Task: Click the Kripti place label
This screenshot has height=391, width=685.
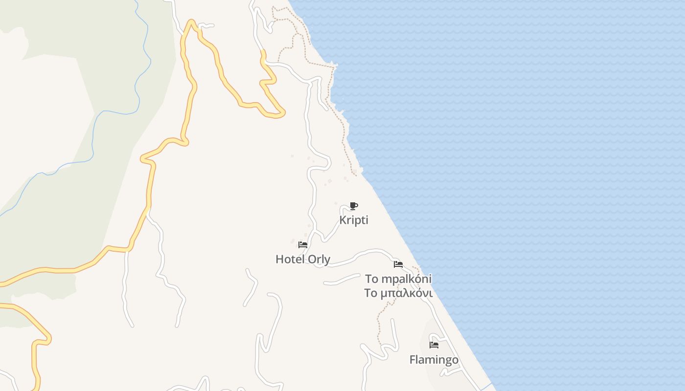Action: pyautogui.click(x=354, y=220)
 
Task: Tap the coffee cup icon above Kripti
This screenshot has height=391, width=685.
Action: pyautogui.click(x=354, y=206)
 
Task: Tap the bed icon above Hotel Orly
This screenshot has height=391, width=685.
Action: pyautogui.click(x=303, y=245)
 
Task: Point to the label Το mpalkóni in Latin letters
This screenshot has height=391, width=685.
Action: pyautogui.click(x=398, y=279)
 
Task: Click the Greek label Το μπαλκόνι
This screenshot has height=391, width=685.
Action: pyautogui.click(x=398, y=293)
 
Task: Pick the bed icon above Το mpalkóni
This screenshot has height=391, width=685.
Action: pyautogui.click(x=398, y=264)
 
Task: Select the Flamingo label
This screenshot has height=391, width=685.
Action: pyautogui.click(x=434, y=360)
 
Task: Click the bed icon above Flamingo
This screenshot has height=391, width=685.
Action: pyautogui.click(x=434, y=345)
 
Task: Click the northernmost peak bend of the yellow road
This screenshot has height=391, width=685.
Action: pyautogui.click(x=191, y=22)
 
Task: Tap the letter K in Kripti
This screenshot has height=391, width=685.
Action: pyautogui.click(x=342, y=220)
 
